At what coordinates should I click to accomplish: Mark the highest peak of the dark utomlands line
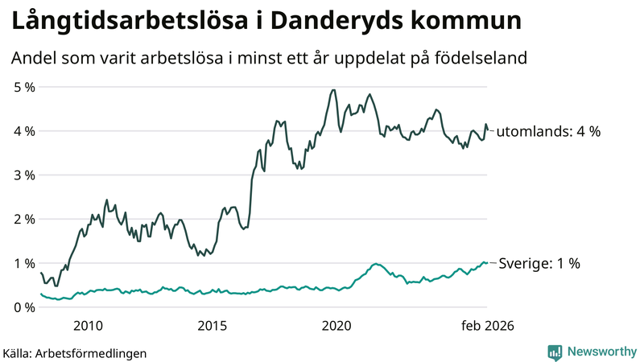point(333,90)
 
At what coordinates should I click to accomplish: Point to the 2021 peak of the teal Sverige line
point(375,264)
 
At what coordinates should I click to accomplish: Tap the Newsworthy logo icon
point(555,352)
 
